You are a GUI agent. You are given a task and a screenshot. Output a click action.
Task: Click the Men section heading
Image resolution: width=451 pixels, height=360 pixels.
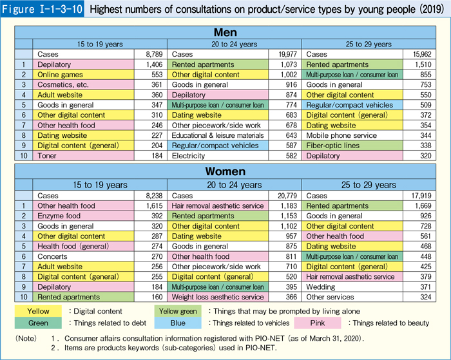click(225, 32)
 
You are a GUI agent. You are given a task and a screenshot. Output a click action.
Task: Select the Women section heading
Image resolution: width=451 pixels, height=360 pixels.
click(225, 172)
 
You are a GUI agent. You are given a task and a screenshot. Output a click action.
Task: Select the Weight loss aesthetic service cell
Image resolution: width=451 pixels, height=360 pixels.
click(217, 296)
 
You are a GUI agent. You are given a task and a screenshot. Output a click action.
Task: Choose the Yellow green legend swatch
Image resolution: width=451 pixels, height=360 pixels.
click(177, 310)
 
